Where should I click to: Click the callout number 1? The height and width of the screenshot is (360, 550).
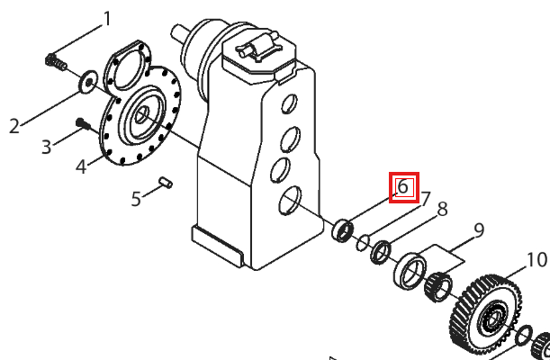click(x=107, y=19)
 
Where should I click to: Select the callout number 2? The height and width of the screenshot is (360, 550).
click(x=14, y=126)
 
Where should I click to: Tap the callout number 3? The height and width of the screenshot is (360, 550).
click(x=46, y=147)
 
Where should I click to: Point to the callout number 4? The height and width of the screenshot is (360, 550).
click(x=81, y=166)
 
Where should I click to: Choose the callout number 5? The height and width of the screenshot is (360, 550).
click(x=136, y=199)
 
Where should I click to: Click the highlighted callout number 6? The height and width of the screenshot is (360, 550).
click(x=404, y=187)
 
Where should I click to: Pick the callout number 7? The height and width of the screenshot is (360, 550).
click(x=425, y=200)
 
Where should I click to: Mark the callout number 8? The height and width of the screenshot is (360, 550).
click(x=443, y=210)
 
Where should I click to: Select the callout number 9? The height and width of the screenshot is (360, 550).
click(x=479, y=230)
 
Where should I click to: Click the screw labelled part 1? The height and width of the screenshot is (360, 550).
click(x=56, y=62)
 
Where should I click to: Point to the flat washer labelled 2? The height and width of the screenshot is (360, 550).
click(x=88, y=82)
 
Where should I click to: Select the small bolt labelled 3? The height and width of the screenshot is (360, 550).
click(x=83, y=123)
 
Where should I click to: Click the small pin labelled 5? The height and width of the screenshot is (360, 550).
click(x=166, y=183)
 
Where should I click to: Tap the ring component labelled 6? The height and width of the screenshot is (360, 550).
click(x=342, y=230)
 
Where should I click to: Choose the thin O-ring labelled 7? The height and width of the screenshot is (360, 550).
click(x=363, y=243)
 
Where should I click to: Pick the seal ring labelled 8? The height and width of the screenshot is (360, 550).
click(x=381, y=252)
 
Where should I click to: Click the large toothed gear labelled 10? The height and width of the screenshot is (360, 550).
click(x=486, y=315)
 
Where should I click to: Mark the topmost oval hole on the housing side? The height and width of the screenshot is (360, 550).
click(x=289, y=103)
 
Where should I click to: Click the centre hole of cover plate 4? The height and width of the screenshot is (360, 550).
click(x=141, y=115)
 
